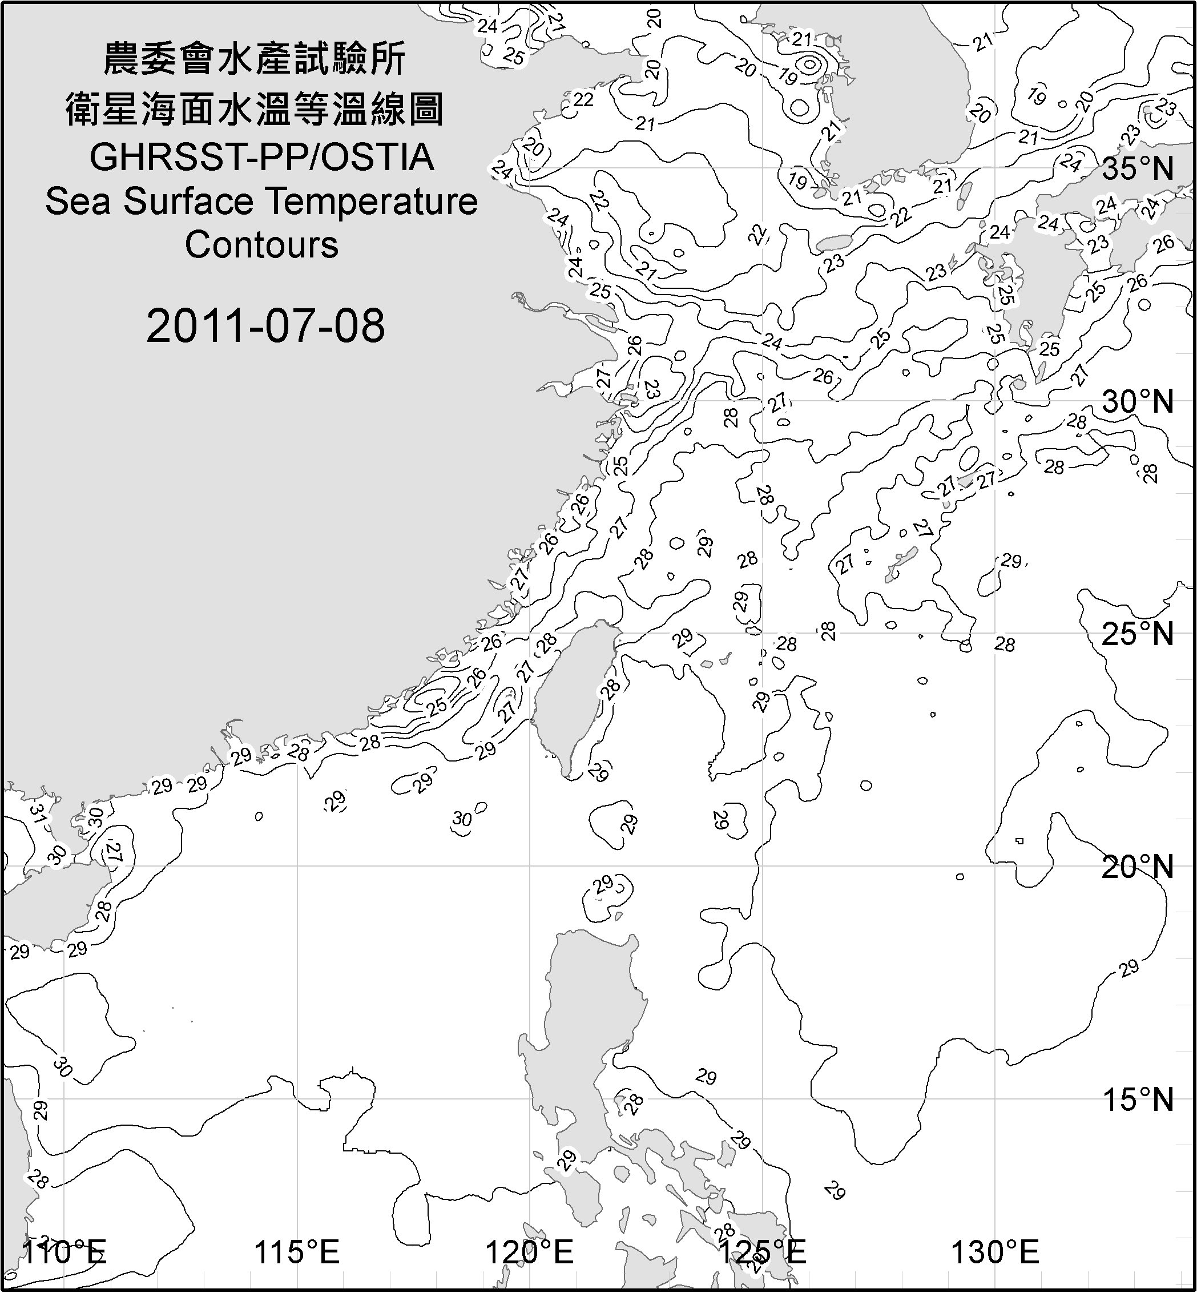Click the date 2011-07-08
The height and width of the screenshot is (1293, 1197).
pyautogui.click(x=265, y=326)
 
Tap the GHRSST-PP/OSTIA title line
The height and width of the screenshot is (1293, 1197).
pyautogui.click(x=261, y=158)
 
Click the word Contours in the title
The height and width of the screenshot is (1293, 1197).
pyautogui.click(x=261, y=245)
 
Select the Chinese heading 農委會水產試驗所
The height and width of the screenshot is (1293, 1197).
pyautogui.click(x=255, y=59)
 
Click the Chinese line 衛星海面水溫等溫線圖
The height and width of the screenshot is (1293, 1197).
pyautogui.click(x=255, y=109)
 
